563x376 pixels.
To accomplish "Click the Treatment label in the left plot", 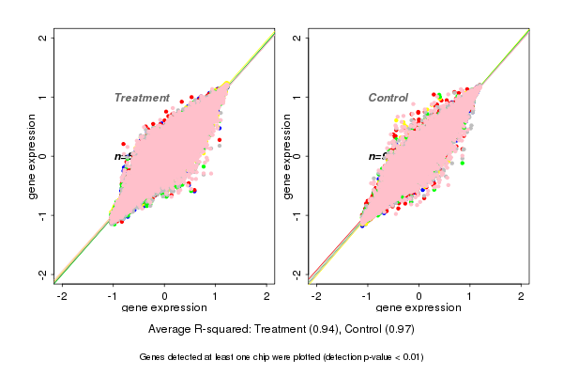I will tap(142, 98).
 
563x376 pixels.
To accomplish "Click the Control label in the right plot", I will tap(388, 98).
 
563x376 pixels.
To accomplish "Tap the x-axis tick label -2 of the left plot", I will tap(63, 296).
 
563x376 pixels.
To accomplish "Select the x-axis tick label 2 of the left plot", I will tap(266, 296).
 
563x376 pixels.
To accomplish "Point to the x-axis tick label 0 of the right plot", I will tap(419, 296).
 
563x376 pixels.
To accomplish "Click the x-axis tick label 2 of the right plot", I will tap(522, 296).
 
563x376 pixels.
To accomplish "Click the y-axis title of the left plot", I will tap(33, 156).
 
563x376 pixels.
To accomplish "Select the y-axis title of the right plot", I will tap(287, 156).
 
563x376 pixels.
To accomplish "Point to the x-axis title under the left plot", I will tap(164, 308).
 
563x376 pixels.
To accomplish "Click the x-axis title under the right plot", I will tap(419, 308).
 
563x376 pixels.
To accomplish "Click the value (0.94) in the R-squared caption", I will tap(307, 330).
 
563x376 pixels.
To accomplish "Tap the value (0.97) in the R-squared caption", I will tap(397, 330).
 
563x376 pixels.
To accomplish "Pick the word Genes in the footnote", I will tap(153, 357).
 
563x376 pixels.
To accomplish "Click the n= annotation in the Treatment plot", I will tap(120, 156).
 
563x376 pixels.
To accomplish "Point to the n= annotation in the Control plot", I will tap(373, 156).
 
